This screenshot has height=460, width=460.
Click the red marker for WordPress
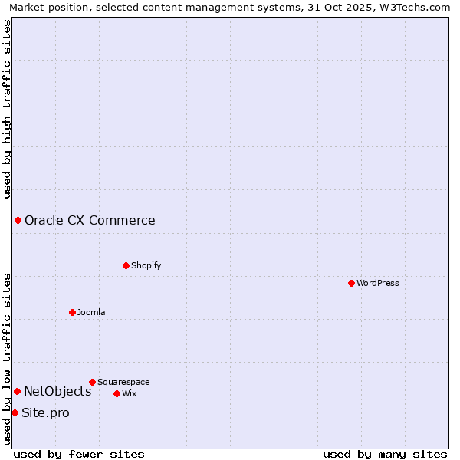351,283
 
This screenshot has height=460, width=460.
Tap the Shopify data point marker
126,265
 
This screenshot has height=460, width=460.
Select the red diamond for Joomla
72,312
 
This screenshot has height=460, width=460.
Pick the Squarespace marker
92,382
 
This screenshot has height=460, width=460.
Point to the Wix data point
117,393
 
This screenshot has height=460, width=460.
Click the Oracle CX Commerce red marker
18,221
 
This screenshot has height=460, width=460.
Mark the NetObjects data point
17,392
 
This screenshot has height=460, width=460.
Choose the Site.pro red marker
15,413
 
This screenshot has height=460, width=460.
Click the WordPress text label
378,283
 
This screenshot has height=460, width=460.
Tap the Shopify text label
146,265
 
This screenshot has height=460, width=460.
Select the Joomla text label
91,312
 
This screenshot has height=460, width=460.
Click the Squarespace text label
123,382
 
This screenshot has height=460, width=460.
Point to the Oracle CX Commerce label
90,221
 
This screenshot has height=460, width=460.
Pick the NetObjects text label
58,392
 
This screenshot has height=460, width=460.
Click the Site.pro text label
45,413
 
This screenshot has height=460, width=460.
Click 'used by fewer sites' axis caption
79,454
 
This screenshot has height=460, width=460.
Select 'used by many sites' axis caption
385,454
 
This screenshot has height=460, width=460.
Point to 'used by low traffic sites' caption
8,359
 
